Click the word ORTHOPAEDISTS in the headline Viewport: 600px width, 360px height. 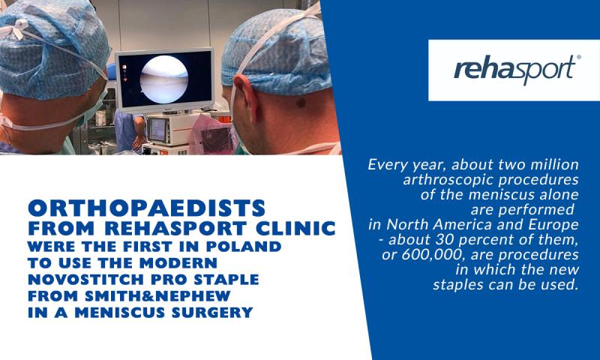click(147, 208)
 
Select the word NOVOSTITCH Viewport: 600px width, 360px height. click(86, 280)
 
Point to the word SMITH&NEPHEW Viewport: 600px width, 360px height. click(157, 296)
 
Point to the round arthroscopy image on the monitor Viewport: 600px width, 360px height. click(163, 79)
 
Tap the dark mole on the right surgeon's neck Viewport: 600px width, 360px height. click(301, 103)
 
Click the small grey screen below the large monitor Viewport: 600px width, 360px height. click(157, 130)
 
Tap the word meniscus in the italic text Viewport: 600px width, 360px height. click(497, 195)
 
